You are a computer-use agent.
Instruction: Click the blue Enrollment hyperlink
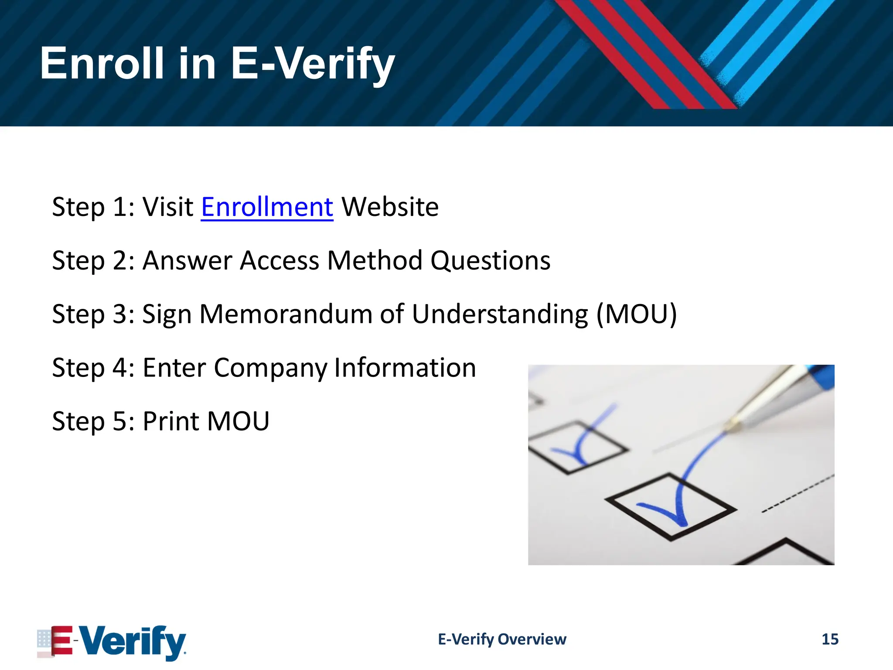click(267, 207)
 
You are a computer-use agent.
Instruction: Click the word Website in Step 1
click(390, 207)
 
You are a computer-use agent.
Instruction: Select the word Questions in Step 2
click(491, 261)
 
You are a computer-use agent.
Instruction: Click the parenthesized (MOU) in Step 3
click(636, 314)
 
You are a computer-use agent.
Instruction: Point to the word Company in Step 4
click(270, 368)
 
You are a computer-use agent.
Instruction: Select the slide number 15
click(830, 639)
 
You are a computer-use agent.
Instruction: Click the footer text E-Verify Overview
click(502, 639)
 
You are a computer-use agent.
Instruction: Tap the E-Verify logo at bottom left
click(112, 642)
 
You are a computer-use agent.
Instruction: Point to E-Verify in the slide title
click(312, 64)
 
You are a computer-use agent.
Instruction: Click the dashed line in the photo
click(798, 493)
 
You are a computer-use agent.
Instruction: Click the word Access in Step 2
click(279, 261)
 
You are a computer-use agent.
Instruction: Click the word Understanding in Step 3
click(500, 314)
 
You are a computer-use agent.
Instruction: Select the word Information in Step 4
click(405, 368)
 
